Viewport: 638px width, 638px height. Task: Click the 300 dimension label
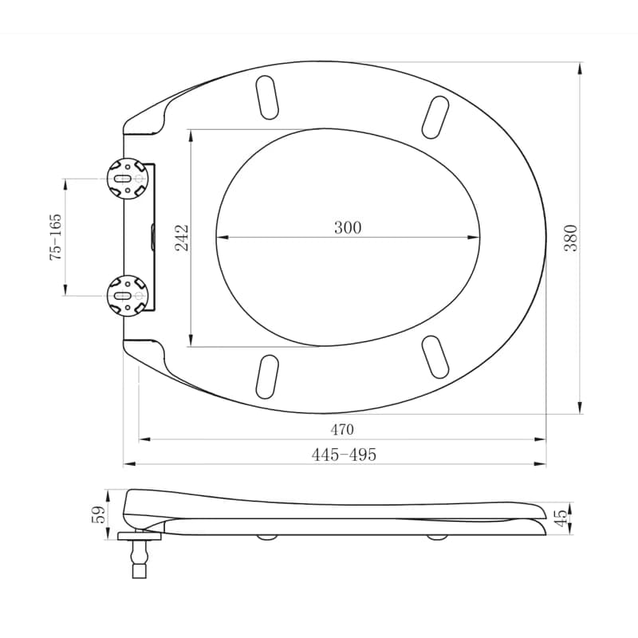[348, 227]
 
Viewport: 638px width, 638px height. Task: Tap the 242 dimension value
[182, 238]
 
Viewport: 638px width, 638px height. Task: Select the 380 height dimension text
[571, 238]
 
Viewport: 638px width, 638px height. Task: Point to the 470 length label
[342, 429]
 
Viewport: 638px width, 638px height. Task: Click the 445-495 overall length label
[344, 455]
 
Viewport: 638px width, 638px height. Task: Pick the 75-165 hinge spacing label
[55, 238]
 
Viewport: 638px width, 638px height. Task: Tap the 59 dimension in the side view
[99, 514]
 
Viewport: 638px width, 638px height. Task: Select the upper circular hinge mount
[128, 179]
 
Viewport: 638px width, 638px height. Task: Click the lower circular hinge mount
[128, 295]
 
